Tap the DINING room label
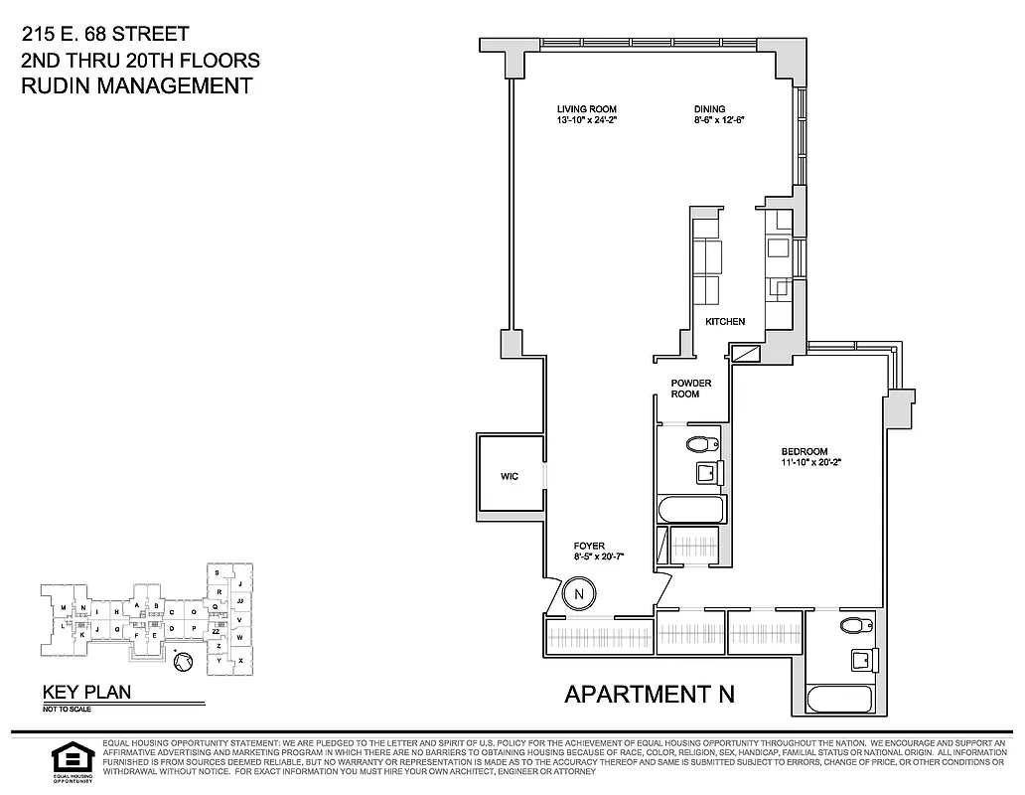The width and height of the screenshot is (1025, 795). pos(709,109)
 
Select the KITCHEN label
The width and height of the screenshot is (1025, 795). pos(725,322)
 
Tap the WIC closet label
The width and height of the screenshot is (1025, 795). pos(510,477)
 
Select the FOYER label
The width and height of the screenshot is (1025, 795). pos(589,546)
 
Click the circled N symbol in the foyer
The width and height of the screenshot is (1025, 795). pos(577,595)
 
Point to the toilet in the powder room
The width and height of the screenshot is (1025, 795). pos(702,444)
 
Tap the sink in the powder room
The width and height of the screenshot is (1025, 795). pos(706,473)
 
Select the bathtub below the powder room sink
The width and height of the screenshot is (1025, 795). pos(691,510)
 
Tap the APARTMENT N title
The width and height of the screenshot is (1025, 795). pos(650,694)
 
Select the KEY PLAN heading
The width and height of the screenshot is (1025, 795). pos(85,693)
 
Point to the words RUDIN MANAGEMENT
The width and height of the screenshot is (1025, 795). pos(136,85)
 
